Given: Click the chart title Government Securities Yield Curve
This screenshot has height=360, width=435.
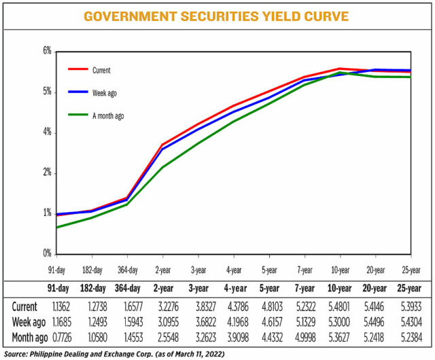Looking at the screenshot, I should tap(217, 16).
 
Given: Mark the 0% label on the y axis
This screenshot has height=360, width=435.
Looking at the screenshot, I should tap(48, 253).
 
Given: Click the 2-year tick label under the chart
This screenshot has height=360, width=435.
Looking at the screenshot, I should tap(162, 270).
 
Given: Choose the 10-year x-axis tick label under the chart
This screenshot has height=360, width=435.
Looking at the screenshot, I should tap(341, 270).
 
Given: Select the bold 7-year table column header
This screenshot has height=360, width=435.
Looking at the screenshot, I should tap(304, 288).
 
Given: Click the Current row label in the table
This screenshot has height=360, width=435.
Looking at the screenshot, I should tap(24, 306).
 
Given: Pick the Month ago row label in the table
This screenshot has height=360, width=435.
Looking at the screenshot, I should tap(29, 336).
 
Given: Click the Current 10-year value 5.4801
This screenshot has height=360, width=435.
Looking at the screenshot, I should tap(341, 306).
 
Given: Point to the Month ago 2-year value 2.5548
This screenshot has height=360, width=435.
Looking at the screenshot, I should tap(163, 336).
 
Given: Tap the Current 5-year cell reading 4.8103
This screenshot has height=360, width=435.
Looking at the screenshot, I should tap(269, 306).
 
